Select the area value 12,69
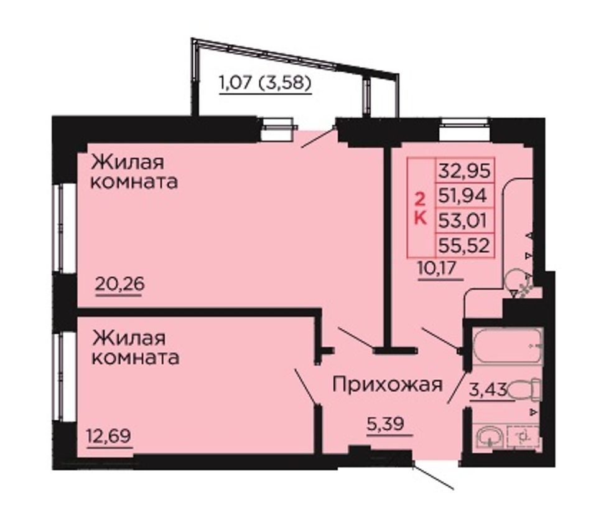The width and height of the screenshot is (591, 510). coord(109,436)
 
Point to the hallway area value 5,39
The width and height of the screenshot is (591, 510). coord(386,423)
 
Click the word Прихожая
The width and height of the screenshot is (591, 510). coord(388,385)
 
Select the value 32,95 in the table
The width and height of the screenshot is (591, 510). coord(464,171)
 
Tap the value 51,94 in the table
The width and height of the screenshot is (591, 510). coord(462,196)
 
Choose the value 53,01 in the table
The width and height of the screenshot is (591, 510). coord(462,220)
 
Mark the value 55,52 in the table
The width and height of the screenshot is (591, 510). coord(464,245)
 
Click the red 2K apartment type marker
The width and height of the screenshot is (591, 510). coord(421,208)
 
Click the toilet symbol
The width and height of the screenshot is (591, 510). coord(524,389)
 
